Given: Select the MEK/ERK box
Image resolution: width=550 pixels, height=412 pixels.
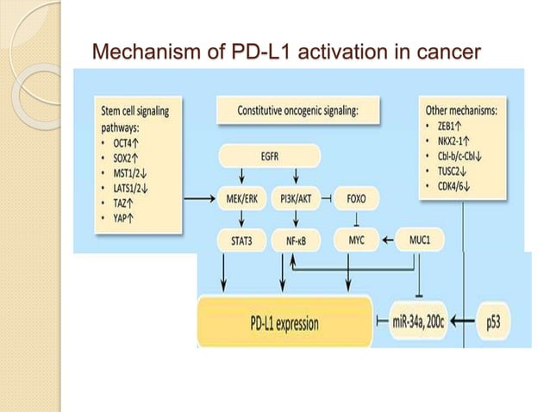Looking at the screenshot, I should [x=241, y=198].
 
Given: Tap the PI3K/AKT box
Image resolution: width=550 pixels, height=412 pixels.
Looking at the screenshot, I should [x=297, y=198].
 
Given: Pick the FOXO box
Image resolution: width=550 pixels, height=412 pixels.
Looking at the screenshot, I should [x=356, y=198].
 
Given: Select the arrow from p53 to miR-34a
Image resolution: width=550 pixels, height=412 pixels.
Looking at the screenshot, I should [x=462, y=323].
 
